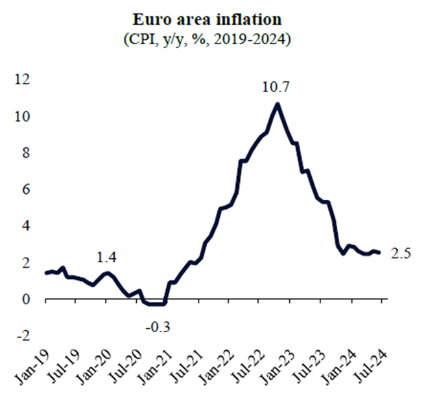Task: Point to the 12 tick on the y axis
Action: (22, 80)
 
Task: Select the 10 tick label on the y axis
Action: (22, 117)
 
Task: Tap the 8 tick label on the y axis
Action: (25, 153)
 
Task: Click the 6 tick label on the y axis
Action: (25, 190)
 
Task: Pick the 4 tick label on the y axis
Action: (25, 226)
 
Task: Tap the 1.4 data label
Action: (107, 258)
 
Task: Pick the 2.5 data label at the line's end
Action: (402, 253)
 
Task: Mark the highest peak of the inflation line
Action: (278, 104)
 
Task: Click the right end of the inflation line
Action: (379, 253)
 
